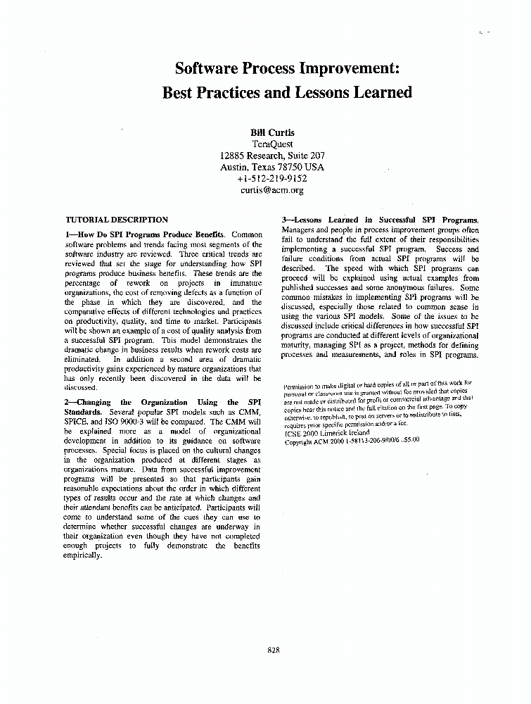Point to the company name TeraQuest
pyautogui.click(x=271, y=144)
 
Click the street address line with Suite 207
pyautogui.click(x=271, y=156)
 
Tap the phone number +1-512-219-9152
pyautogui.click(x=271, y=178)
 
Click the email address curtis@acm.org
pyautogui.click(x=271, y=189)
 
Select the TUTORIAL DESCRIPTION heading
pyautogui.click(x=117, y=220)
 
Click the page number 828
pyautogui.click(x=274, y=650)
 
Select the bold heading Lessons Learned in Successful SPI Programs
pyautogui.click(x=386, y=220)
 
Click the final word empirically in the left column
pyautogui.click(x=84, y=555)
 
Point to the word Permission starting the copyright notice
pyautogui.click(x=302, y=386)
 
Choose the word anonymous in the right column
pyautogui.click(x=419, y=287)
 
